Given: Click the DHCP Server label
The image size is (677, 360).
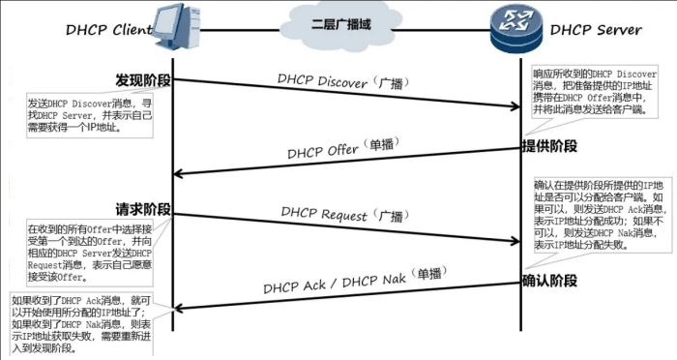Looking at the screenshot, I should click(596, 30).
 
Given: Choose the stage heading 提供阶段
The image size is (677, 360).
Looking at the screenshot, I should click(549, 146).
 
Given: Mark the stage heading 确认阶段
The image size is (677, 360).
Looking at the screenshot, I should click(549, 281).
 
